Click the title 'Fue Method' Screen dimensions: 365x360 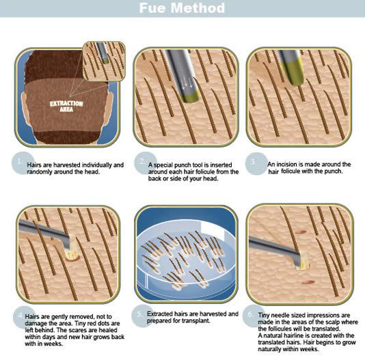tap(182, 8)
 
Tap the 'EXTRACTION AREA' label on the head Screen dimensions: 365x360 tap(66, 107)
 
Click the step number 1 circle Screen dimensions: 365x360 tap(23, 163)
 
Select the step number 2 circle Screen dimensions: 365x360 tap(146, 163)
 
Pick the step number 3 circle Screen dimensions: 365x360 tap(256, 163)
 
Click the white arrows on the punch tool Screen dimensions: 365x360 tap(187, 84)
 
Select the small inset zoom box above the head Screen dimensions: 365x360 tap(104, 61)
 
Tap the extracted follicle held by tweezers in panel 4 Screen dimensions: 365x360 tap(72, 249)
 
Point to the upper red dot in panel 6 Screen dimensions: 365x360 tap(301, 232)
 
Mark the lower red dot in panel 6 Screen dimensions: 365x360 tap(308, 282)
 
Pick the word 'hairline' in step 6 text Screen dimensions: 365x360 tap(293, 335)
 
